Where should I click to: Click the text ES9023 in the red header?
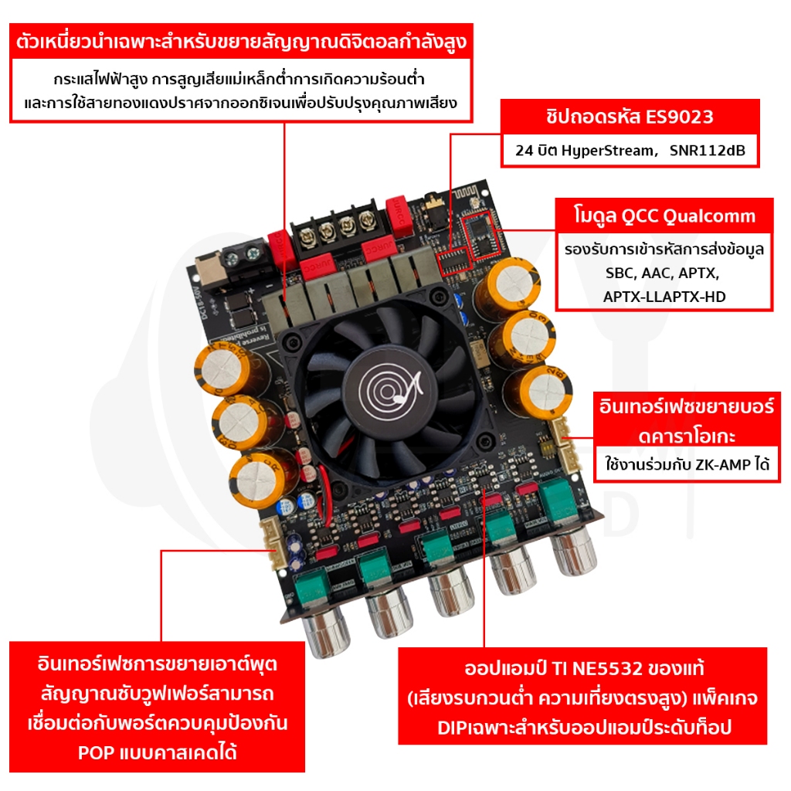680,117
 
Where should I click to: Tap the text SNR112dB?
708,151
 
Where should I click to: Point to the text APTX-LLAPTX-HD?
664,297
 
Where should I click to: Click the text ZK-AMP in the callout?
722,464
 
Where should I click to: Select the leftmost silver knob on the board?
326,631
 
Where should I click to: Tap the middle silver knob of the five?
451,590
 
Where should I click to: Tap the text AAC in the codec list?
655,273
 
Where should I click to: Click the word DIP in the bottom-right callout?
453,728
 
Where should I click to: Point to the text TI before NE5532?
560,668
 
